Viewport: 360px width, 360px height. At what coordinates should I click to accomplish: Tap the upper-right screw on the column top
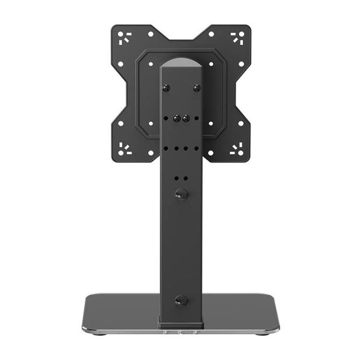tap(196, 88)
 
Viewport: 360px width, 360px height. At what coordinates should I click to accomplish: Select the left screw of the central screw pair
tap(176, 118)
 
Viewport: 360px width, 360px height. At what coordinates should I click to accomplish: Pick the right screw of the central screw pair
tap(186, 118)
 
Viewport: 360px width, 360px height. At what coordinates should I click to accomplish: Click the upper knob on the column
tap(181, 194)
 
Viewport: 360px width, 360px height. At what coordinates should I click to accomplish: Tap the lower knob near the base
tap(181, 300)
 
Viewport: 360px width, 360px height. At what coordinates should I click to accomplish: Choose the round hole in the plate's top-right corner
tap(240, 35)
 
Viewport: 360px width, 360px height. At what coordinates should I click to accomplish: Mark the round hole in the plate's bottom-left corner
tap(121, 153)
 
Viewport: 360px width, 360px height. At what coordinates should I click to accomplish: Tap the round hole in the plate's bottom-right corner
tap(240, 153)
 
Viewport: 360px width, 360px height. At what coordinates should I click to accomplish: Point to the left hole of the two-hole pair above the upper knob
tap(176, 178)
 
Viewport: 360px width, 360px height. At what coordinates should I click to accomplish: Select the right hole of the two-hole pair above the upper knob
tap(186, 178)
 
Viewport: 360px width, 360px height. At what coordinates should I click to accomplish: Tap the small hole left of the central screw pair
tap(166, 118)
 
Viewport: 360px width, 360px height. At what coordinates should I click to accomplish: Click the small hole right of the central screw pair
tap(196, 118)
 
